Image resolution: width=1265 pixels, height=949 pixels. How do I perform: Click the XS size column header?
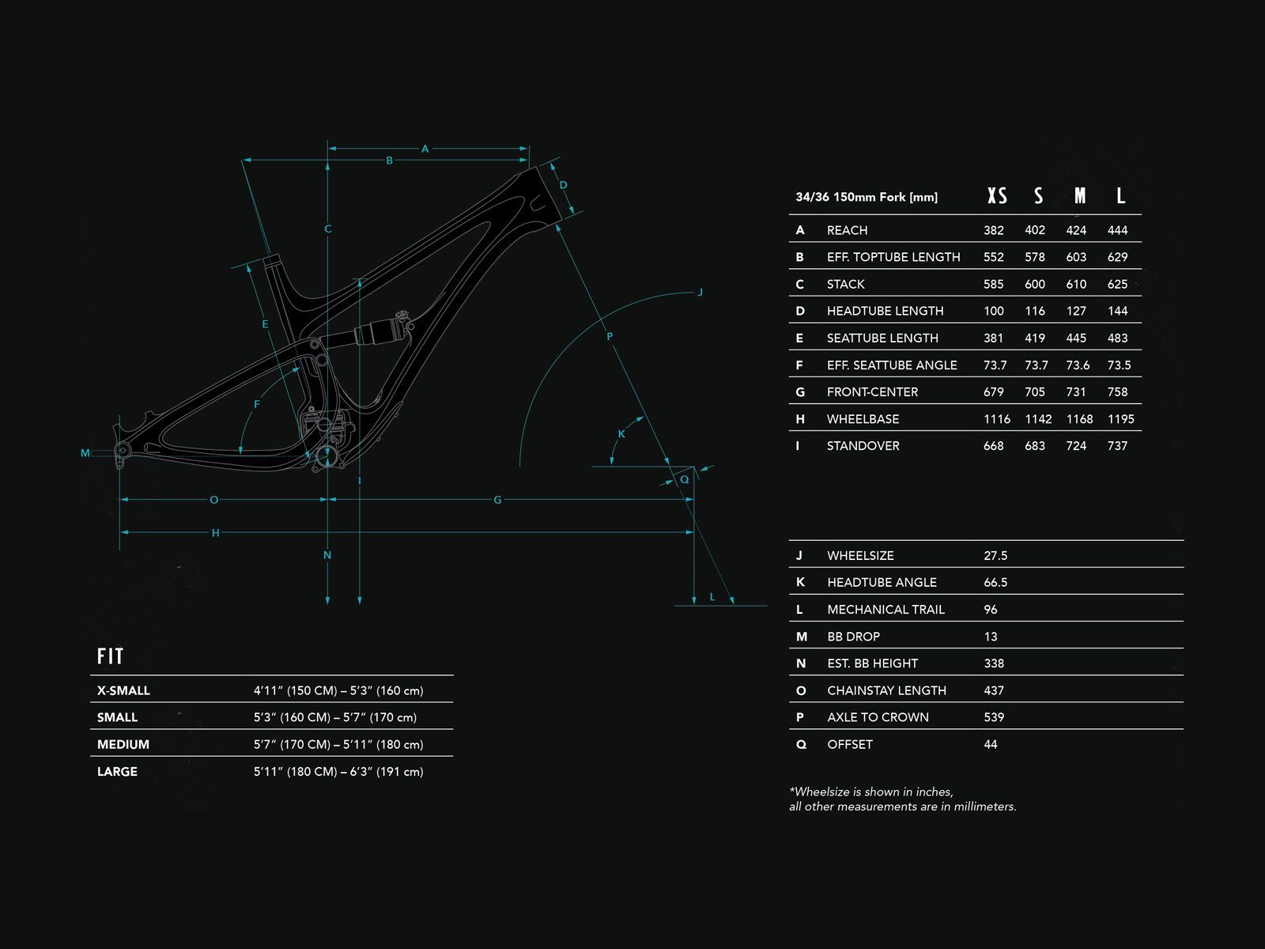click(x=997, y=196)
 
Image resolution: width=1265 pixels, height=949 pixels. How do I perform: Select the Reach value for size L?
click(x=1117, y=230)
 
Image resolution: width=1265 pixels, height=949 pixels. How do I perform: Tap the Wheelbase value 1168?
click(x=1079, y=419)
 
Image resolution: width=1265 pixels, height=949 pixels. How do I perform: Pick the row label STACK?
click(x=845, y=284)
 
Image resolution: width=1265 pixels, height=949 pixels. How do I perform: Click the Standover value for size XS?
click(x=993, y=446)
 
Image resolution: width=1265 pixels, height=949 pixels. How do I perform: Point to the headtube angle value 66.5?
click(x=995, y=582)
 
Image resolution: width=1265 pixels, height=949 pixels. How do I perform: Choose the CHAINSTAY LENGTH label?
click(x=886, y=690)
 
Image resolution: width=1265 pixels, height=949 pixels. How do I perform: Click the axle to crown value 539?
click(x=994, y=717)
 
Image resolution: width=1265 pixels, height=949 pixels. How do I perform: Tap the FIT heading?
click(x=111, y=656)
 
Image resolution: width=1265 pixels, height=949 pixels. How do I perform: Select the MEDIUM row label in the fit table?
click(x=123, y=744)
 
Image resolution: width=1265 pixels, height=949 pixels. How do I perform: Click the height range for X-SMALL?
click(x=338, y=690)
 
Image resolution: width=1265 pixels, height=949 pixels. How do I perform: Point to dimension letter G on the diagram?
click(x=497, y=500)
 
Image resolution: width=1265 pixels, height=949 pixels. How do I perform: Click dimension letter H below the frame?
click(x=215, y=533)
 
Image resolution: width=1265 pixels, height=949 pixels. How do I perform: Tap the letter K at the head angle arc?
click(x=621, y=433)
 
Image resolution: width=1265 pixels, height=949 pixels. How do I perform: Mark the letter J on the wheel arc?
click(x=700, y=293)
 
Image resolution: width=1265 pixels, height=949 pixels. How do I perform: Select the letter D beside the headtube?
click(x=564, y=186)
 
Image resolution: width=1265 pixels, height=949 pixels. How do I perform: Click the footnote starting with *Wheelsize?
click(x=902, y=799)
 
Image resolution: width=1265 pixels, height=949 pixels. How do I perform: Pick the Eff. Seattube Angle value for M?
click(x=1076, y=365)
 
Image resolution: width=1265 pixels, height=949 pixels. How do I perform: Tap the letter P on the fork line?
click(x=610, y=337)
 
